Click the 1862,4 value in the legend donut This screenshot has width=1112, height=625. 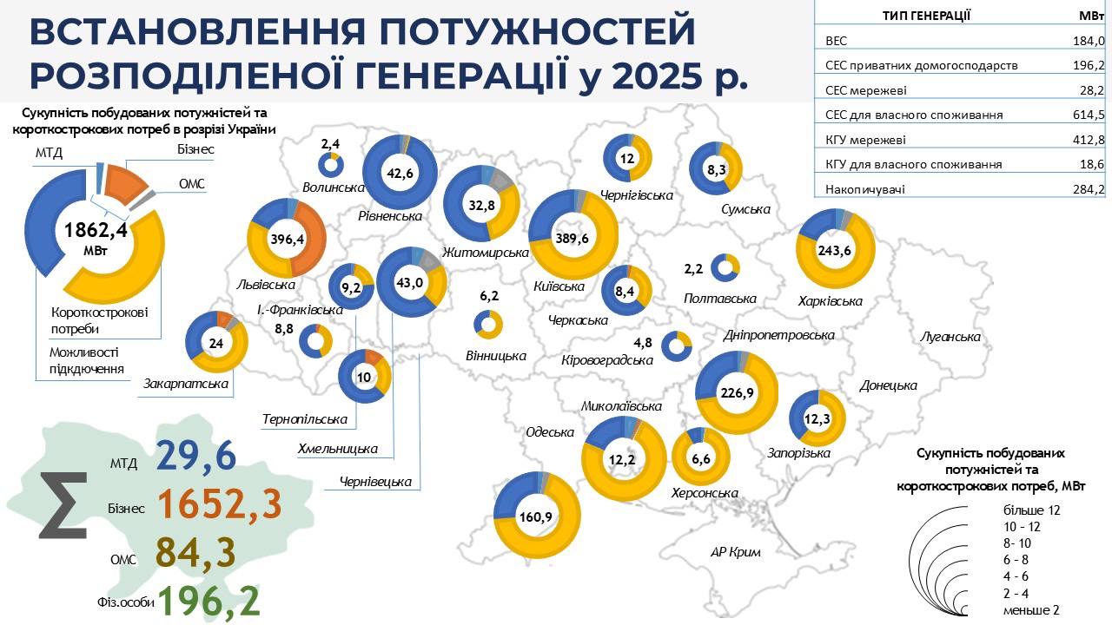[96, 230]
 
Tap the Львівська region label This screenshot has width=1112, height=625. [266, 285]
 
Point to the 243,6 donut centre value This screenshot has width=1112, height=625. [835, 251]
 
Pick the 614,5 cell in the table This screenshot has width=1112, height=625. [1088, 115]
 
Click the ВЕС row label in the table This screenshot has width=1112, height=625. [834, 40]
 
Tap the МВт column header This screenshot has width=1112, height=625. [1090, 15]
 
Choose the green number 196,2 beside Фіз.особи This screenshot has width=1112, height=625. [208, 602]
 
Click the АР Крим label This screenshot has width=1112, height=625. [735, 553]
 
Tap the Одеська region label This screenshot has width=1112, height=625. [550, 432]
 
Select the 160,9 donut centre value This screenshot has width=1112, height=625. [536, 517]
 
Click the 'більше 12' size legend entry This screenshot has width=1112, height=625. [1032, 510]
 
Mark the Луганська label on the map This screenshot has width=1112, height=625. [951, 337]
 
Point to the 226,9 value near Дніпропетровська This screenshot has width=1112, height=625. [738, 391]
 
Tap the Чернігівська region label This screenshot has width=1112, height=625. [637, 195]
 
